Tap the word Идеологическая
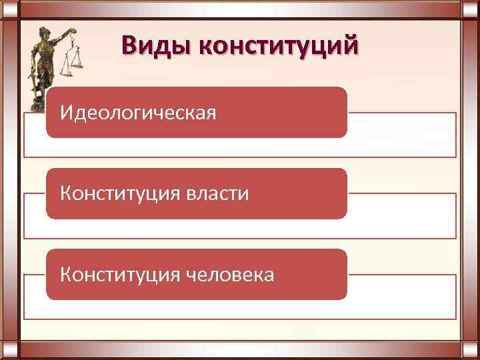pyautogui.click(x=138, y=113)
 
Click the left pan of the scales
pyautogui.click(x=67, y=69)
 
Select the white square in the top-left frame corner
pyautogui.click(x=9, y=10)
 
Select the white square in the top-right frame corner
pyautogui.click(x=471, y=10)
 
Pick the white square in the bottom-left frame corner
pyautogui.click(x=9, y=350)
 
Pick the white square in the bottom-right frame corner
pyautogui.click(x=471, y=350)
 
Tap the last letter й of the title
pyautogui.click(x=352, y=46)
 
